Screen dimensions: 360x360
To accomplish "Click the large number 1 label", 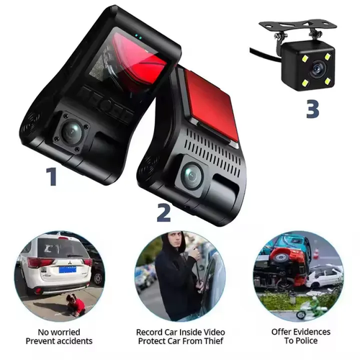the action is (x=52, y=176).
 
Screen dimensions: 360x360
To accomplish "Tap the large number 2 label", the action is (x=163, y=212).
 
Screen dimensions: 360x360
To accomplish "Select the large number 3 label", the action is (x=312, y=109).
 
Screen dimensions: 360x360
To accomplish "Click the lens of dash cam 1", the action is (x=71, y=131).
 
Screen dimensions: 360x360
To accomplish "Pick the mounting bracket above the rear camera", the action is (x=297, y=27).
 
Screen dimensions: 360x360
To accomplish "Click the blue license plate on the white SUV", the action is (x=68, y=269).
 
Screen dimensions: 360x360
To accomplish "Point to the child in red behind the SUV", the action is (x=76, y=305).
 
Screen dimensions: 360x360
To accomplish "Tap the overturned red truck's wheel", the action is (x=280, y=257).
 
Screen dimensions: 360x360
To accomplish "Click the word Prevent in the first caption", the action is (x=40, y=341).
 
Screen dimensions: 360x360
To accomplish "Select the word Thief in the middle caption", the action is (x=214, y=341).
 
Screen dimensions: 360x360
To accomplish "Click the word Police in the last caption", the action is (x=307, y=341).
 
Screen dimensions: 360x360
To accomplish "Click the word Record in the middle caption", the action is (x=149, y=332).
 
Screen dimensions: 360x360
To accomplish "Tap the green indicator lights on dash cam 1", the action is (x=138, y=37).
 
